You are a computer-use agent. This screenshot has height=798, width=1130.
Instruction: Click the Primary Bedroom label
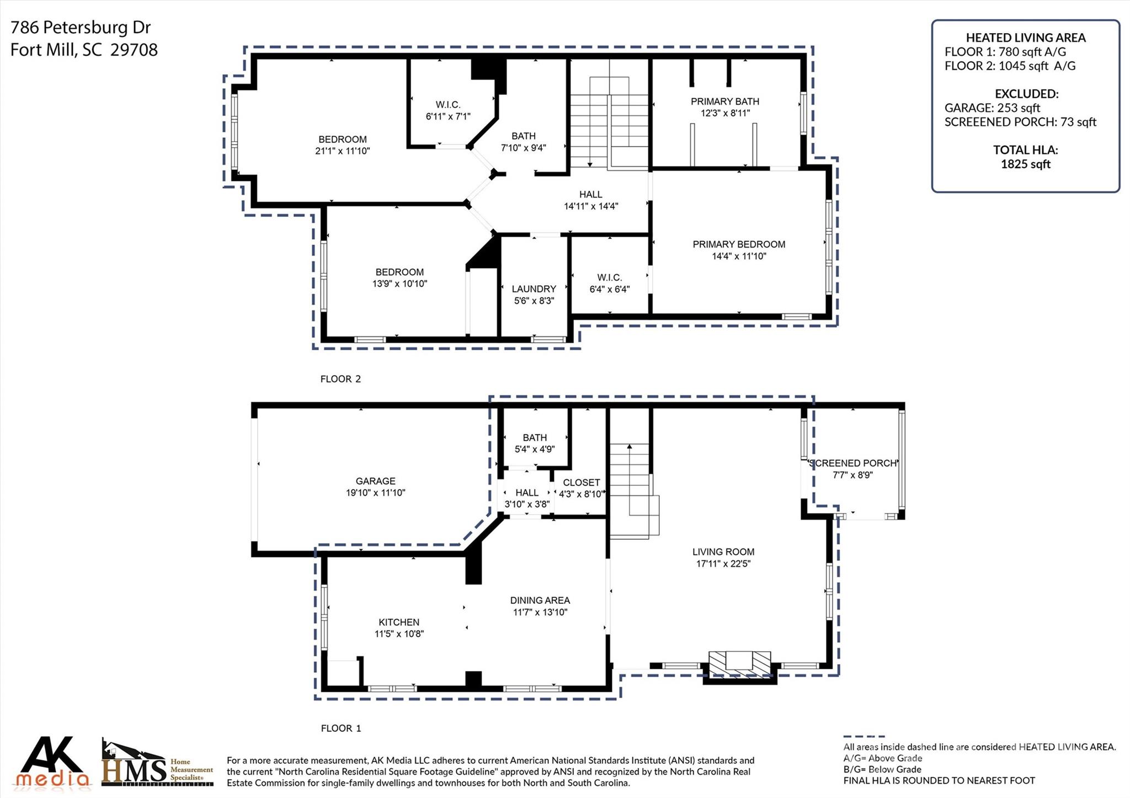pyautogui.click(x=739, y=244)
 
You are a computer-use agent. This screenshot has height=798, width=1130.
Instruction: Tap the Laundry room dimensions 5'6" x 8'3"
pyautogui.click(x=534, y=301)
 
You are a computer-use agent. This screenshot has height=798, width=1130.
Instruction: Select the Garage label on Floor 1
pyautogui.click(x=375, y=481)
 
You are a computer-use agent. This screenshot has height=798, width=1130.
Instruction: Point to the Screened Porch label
pyautogui.click(x=852, y=463)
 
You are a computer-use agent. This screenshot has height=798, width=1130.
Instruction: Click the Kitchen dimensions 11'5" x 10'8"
pyautogui.click(x=399, y=634)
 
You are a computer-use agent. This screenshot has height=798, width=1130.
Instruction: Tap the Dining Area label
pyautogui.click(x=540, y=600)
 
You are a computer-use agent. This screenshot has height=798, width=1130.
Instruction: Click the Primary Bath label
pyautogui.click(x=725, y=101)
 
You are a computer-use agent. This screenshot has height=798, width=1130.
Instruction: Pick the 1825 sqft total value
pyautogui.click(x=1025, y=164)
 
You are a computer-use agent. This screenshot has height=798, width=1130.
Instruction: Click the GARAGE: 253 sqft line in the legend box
pyautogui.click(x=992, y=108)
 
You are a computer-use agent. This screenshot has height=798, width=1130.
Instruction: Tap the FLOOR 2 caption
pyautogui.click(x=340, y=379)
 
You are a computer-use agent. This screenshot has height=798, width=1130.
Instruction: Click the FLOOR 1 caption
pyautogui.click(x=340, y=728)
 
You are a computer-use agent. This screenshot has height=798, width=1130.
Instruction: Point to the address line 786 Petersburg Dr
pyautogui.click(x=81, y=27)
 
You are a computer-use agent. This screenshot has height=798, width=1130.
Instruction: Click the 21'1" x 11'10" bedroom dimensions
pyautogui.click(x=342, y=151)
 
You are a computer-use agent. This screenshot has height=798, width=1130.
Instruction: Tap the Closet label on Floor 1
pyautogui.click(x=581, y=483)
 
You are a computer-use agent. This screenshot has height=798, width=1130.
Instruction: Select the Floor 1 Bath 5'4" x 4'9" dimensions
pyautogui.click(x=534, y=449)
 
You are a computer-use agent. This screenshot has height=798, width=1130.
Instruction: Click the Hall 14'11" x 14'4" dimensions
pyautogui.click(x=590, y=207)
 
